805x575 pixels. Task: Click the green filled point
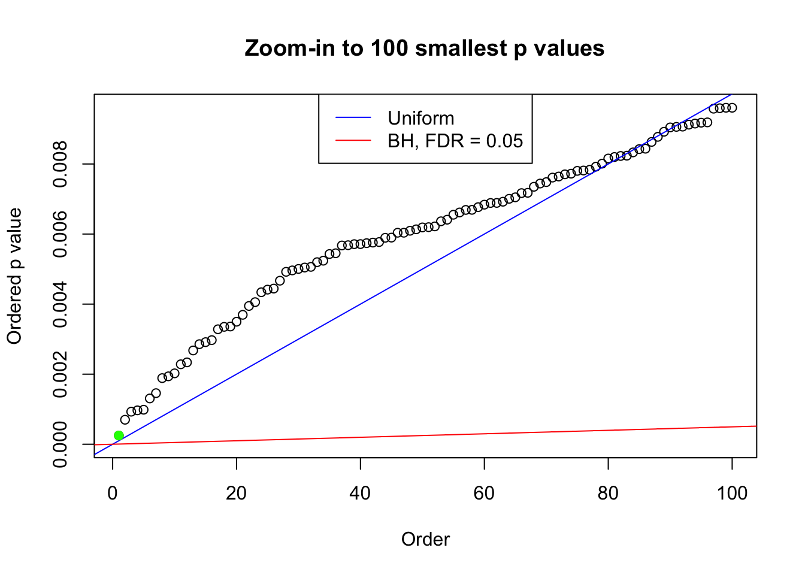coord(119,435)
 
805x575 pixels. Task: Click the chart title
coord(425,48)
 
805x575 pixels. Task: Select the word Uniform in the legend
coord(421,118)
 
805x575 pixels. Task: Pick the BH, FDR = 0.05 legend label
coord(455,141)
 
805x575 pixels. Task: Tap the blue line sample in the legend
coord(353,118)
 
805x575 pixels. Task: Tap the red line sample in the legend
coord(353,141)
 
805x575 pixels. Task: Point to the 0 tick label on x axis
coord(113,494)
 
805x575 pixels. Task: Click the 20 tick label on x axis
coord(237,494)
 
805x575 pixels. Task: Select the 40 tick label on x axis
coord(361,494)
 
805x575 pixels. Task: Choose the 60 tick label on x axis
coord(484,494)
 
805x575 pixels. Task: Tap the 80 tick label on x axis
coord(608,494)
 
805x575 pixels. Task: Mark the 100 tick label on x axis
coord(732,494)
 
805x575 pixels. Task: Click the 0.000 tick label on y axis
coord(60,444)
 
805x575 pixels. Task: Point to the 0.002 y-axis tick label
coord(60,374)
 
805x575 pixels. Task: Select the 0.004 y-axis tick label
coord(60,304)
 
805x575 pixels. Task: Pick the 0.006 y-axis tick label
coord(60,234)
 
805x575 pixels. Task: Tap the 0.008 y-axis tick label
coord(60,164)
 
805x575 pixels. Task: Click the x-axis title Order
coord(425,539)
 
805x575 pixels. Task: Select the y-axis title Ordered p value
coord(14,276)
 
